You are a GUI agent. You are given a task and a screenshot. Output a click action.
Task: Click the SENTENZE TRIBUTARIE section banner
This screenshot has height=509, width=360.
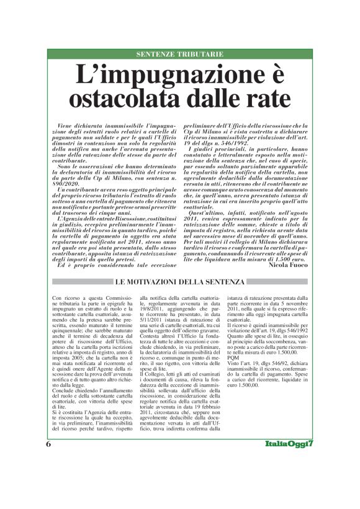pos(179,55)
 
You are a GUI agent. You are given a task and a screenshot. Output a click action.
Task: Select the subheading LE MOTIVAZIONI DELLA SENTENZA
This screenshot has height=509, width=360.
pos(179,283)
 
